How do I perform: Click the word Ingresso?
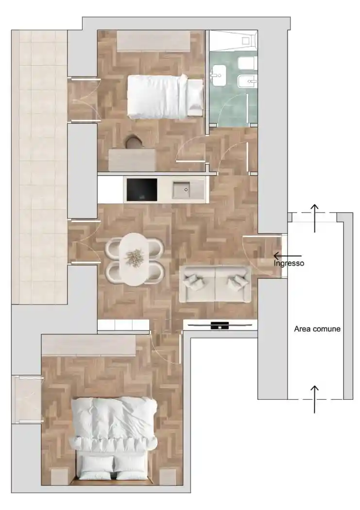click(289, 263)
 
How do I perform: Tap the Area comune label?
click(317, 329)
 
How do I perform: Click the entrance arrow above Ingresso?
click(287, 256)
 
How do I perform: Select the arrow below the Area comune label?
click(314, 399)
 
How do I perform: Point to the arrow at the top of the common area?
click(314, 218)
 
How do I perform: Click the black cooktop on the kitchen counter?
click(141, 189)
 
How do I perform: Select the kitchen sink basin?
click(182, 189)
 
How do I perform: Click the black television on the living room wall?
click(220, 325)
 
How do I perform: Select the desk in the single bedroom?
click(132, 160)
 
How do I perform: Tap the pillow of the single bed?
click(195, 97)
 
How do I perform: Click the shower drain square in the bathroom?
click(245, 41)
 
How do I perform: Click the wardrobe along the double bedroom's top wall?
click(88, 345)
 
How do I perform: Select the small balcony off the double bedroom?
click(27, 399)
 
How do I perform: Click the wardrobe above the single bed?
click(153, 41)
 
